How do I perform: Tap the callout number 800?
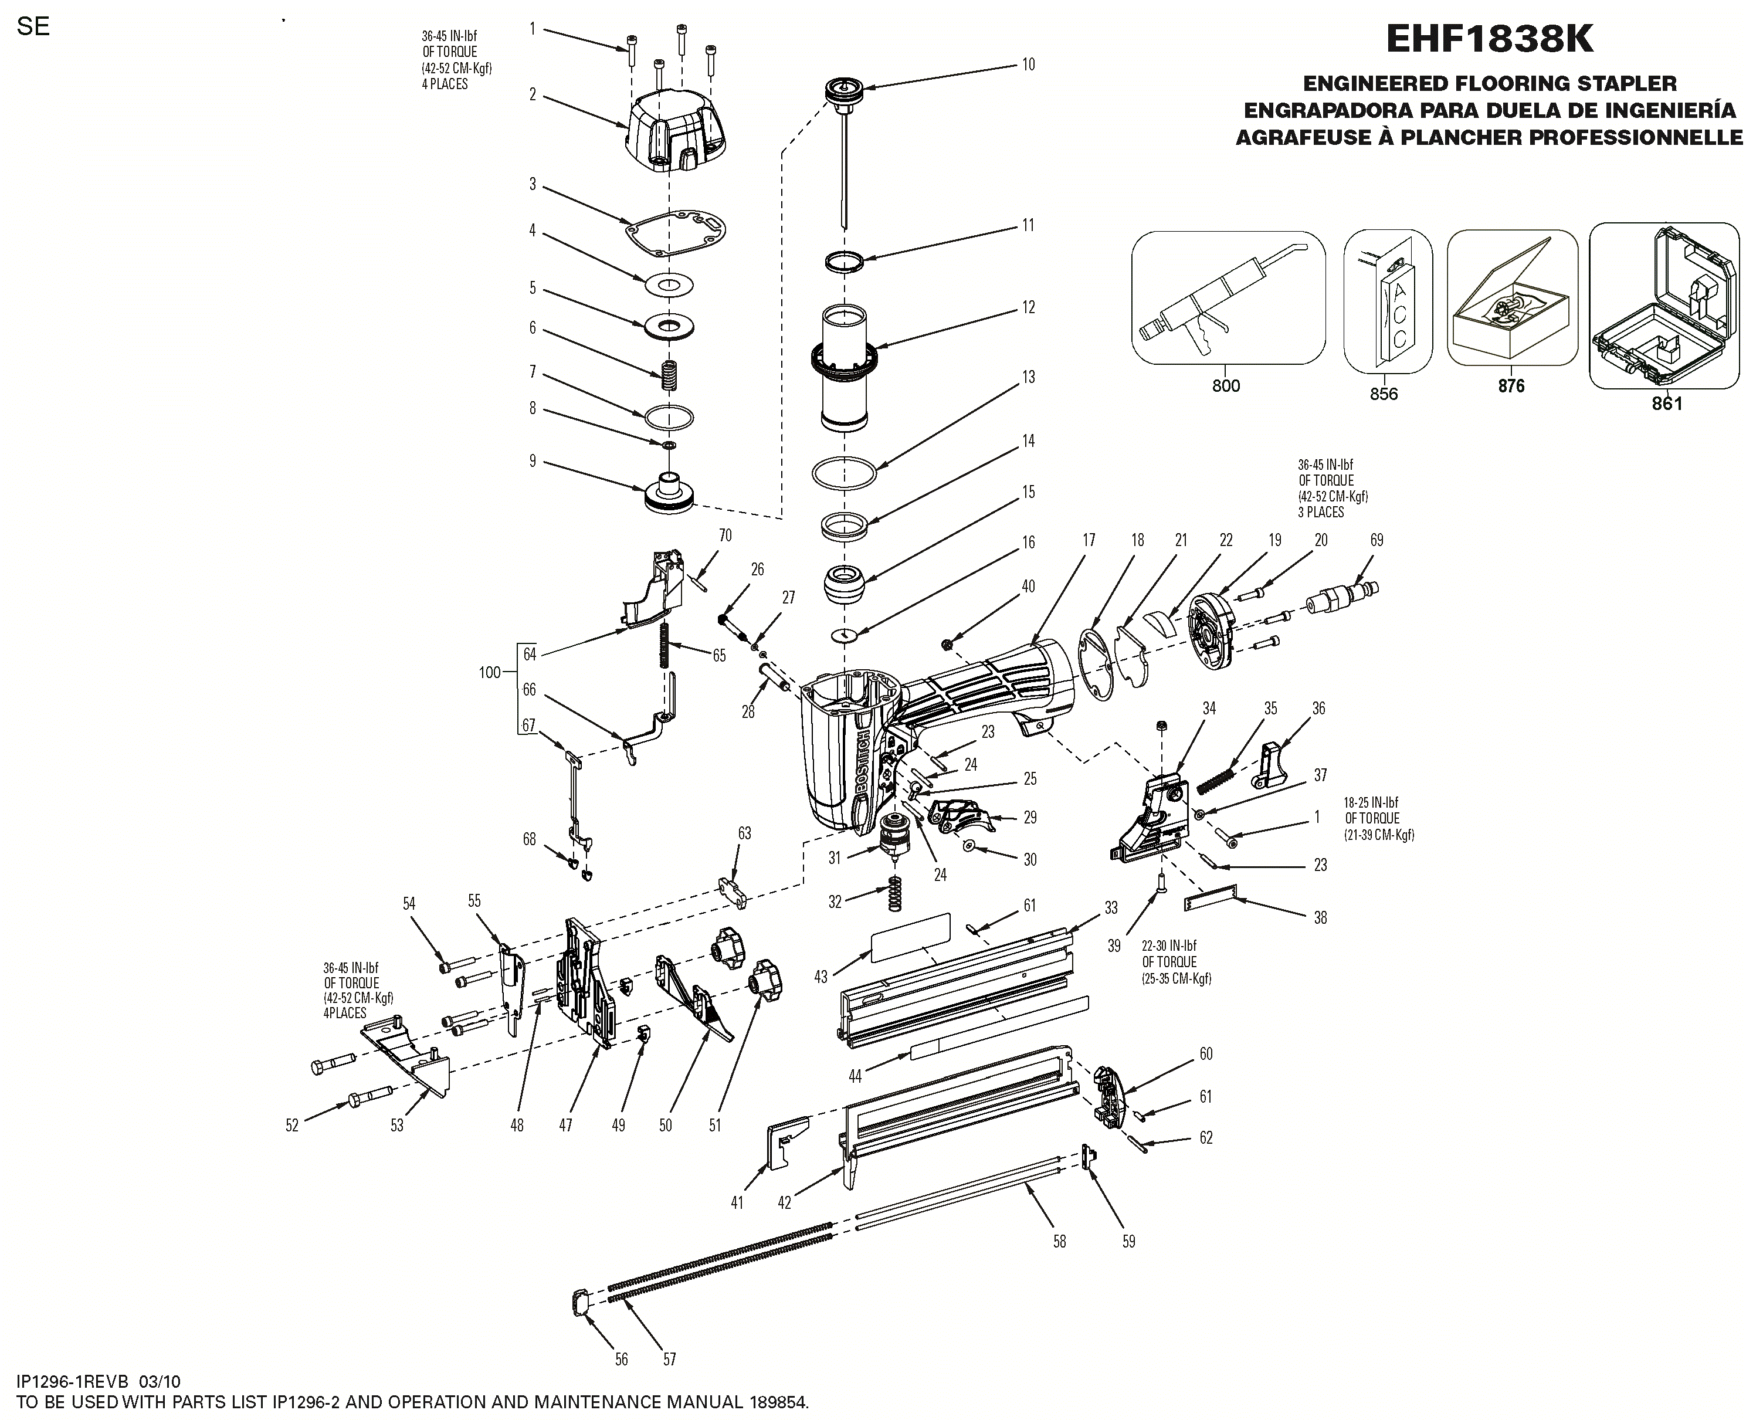(1225, 386)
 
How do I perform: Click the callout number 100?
(489, 672)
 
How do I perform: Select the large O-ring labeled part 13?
(844, 473)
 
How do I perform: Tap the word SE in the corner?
(33, 26)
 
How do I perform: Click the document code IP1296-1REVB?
(73, 1381)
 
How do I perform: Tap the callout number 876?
(1510, 386)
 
